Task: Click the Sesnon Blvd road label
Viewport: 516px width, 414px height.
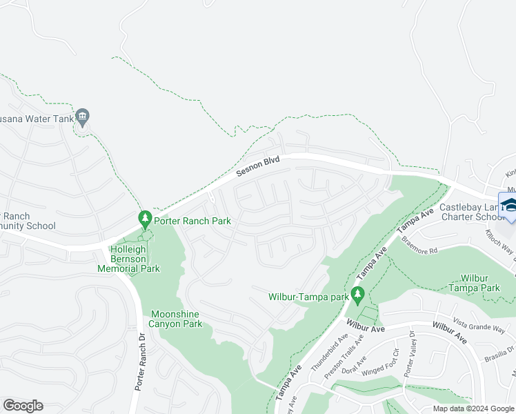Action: (259, 165)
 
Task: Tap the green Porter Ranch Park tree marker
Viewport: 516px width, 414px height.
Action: (145, 220)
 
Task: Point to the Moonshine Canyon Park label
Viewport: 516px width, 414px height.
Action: (176, 319)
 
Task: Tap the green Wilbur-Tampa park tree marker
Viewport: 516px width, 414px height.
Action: (357, 296)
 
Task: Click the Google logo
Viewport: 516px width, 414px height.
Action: (23, 406)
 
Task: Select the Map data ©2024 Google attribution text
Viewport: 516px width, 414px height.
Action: (473, 408)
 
